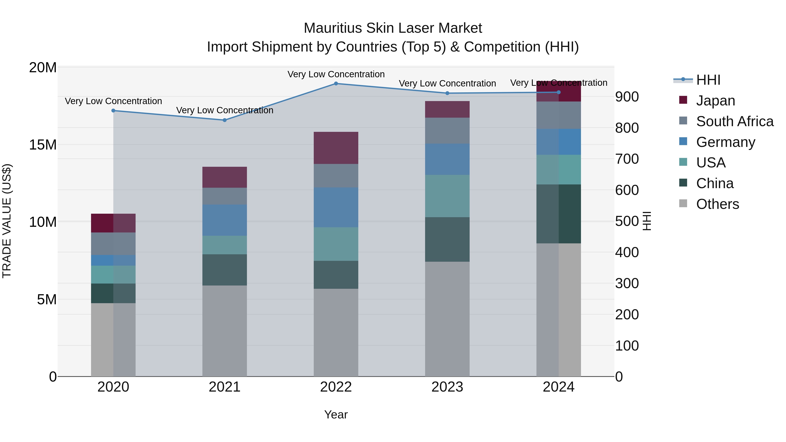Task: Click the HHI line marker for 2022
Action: tap(336, 84)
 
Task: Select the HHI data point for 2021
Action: tap(225, 120)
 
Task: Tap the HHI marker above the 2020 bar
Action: tap(113, 111)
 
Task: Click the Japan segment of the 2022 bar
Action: tap(336, 148)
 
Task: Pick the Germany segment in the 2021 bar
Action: tap(225, 220)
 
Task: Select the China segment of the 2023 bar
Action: tap(447, 239)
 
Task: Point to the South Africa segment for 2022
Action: tap(336, 176)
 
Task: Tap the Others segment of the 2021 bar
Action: tap(225, 331)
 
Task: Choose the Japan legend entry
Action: tap(715, 101)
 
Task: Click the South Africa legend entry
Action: tap(734, 121)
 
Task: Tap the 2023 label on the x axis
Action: tap(447, 387)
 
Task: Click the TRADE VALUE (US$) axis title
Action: tap(7, 221)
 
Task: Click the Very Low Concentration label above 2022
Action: tap(336, 74)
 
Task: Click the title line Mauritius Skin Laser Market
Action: tap(393, 28)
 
